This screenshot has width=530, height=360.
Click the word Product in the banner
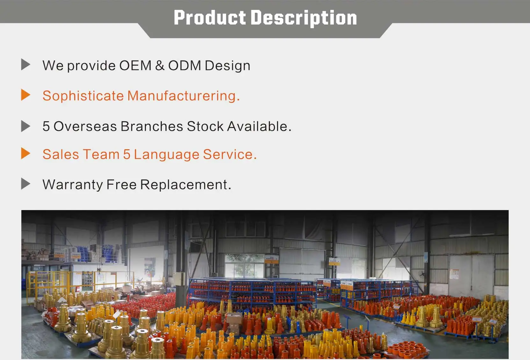coord(210,18)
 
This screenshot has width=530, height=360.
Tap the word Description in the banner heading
coord(304,18)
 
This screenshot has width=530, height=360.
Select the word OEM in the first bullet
coord(135,65)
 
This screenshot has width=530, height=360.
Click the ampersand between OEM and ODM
coord(160,65)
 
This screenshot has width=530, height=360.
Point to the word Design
coord(228,66)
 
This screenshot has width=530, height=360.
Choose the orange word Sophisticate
coord(83,96)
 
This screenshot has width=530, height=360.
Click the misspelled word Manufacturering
coord(183,96)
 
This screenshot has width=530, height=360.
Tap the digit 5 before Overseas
coord(46,126)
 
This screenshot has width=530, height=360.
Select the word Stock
coord(205,126)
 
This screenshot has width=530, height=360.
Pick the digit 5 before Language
coord(126,154)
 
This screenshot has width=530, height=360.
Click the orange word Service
coord(230,154)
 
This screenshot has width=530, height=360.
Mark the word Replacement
coord(186,185)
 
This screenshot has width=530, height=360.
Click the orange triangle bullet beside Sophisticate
coord(25,95)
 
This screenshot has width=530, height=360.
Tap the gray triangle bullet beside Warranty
coord(25,184)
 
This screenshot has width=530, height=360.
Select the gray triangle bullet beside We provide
coord(25,65)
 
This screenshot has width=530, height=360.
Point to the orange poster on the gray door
coord(454,274)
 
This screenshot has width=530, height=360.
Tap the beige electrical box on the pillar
coord(179,279)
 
